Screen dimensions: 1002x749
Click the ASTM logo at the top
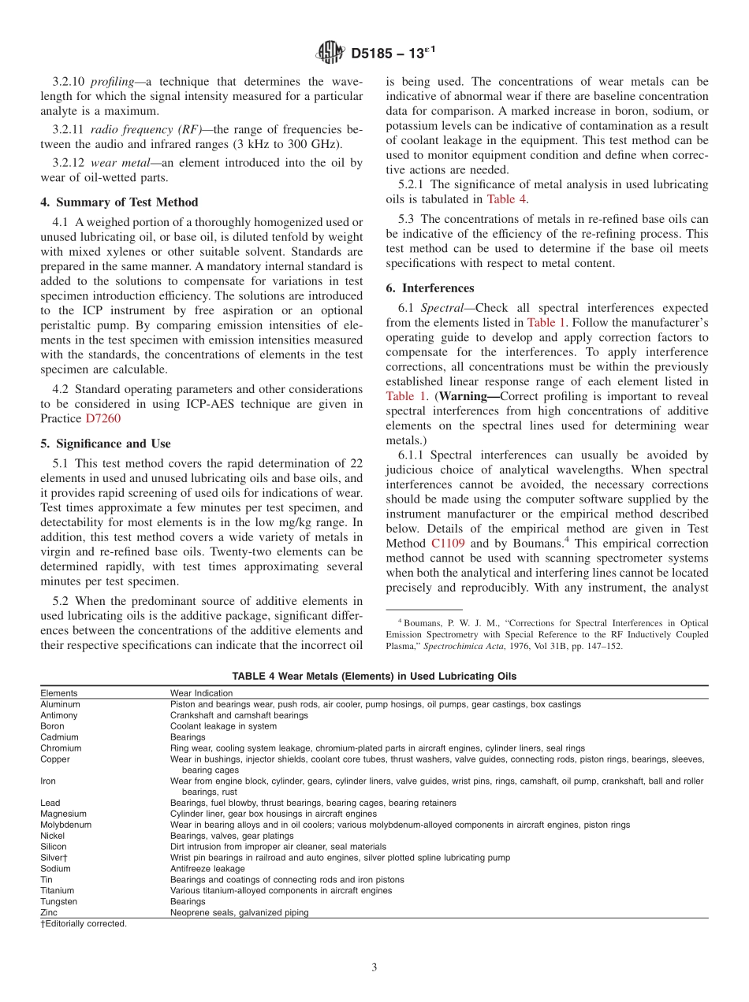(330, 54)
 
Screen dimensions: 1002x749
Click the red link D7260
(103, 418)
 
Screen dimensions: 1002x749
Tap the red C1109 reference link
(448, 544)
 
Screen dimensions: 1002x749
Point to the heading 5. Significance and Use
(105, 443)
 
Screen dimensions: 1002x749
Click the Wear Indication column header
(201, 693)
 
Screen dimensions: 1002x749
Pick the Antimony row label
(58, 715)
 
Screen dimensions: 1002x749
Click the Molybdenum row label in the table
(65, 825)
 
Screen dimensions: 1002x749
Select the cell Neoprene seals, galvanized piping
(239, 913)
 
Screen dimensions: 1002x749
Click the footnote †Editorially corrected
(84, 924)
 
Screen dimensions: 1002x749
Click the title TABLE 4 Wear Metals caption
(374, 677)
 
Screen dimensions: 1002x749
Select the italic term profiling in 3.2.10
(113, 82)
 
